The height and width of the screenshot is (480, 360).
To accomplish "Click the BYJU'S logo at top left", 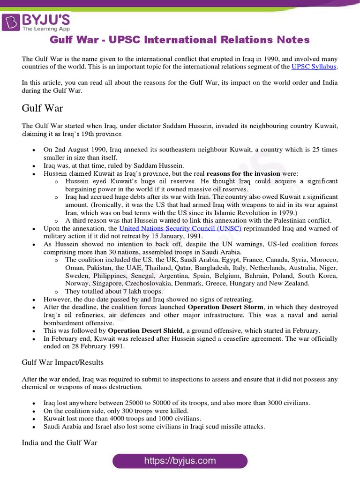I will click(x=37, y=21).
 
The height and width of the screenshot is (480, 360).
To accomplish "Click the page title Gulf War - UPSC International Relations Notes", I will click(x=180, y=40).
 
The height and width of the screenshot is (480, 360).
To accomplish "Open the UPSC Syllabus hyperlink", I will click(x=314, y=67).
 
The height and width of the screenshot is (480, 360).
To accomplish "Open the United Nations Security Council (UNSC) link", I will click(x=180, y=228).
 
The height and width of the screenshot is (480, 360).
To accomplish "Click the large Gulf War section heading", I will click(x=42, y=108).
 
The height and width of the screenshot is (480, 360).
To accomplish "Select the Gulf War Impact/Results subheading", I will click(x=63, y=362).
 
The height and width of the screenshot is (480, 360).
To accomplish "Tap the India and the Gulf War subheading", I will click(x=60, y=442).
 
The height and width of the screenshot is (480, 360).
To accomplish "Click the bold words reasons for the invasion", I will click(x=243, y=173).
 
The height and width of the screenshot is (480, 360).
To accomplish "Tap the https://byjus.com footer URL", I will click(x=180, y=461).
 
